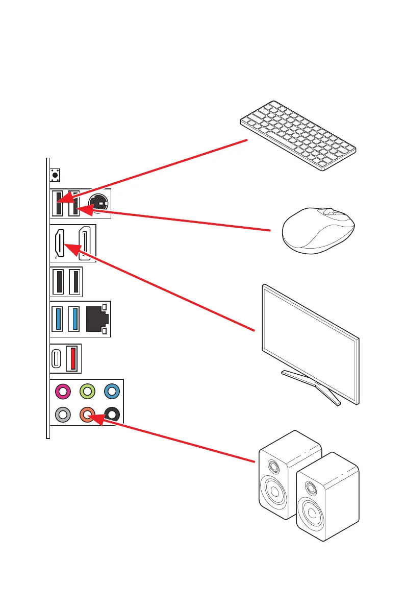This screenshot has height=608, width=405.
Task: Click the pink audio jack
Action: click(x=63, y=392)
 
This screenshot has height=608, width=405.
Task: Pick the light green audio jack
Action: click(x=87, y=392)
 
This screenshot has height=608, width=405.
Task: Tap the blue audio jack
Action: click(x=112, y=392)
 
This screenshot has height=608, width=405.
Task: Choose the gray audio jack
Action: click(x=63, y=415)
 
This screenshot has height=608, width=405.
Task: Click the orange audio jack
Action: click(x=87, y=415)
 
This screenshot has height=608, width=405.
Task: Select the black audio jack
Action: click(x=112, y=415)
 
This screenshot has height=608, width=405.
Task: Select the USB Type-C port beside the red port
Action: click(x=57, y=358)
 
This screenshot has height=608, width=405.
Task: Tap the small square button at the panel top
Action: click(x=55, y=175)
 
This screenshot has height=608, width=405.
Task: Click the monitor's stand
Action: click(x=312, y=386)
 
